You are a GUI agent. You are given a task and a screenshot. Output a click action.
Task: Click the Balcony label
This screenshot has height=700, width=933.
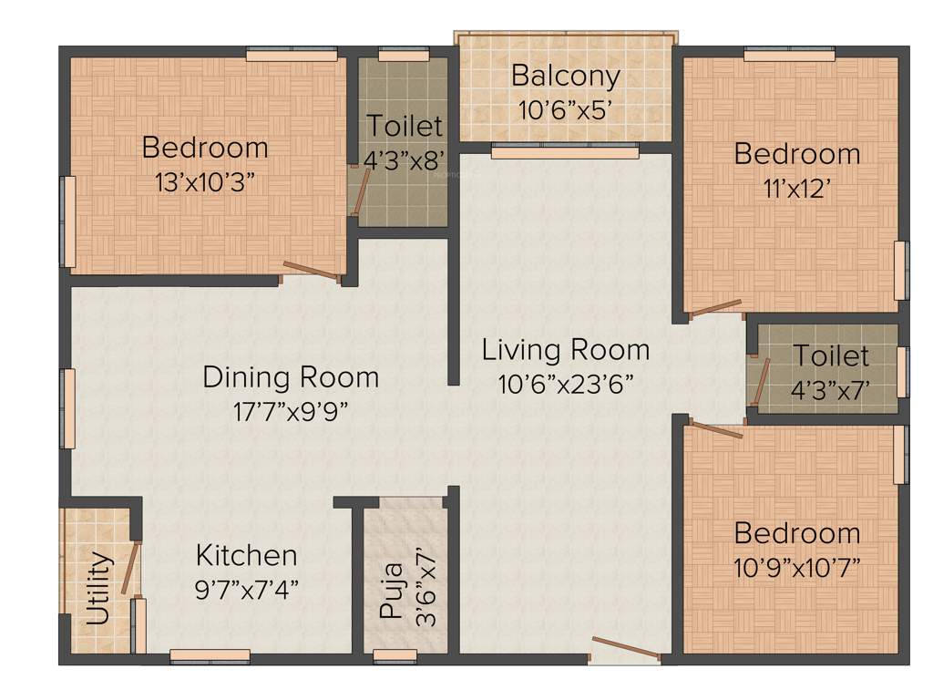pos(565,76)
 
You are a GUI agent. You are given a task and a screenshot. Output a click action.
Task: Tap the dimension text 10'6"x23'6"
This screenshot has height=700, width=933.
pos(565,384)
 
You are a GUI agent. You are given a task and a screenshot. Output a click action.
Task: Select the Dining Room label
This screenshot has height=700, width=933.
pos(290,376)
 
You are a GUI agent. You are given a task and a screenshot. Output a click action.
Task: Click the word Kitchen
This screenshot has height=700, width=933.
pos(247,555)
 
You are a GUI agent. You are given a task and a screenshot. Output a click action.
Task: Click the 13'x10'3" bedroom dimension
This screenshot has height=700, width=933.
pos(205,181)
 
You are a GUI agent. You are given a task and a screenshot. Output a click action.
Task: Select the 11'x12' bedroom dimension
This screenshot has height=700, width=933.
pos(797,188)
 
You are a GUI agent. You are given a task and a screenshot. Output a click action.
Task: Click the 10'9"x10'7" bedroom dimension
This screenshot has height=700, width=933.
pos(797,568)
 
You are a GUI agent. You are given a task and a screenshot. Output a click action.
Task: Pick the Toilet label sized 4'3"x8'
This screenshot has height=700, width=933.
pos(404,126)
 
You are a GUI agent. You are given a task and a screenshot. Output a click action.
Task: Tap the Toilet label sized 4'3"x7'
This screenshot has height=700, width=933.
pos(830,355)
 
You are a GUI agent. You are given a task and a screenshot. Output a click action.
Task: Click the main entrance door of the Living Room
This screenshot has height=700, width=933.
pos(625,648)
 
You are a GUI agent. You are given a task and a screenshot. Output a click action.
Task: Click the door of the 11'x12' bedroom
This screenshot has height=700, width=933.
pos(714,309)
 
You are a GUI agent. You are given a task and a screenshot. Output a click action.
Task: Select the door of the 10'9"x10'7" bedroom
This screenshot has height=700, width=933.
pos(715,428)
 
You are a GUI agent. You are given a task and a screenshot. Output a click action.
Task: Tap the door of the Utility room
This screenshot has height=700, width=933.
pos(133,568)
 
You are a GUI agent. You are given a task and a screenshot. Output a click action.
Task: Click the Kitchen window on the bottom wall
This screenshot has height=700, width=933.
pos(210,654)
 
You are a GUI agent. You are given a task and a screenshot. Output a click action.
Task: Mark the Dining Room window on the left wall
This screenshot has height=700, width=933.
pos(67,407)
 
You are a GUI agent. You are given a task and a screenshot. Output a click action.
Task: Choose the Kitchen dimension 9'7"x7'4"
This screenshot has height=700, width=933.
pos(247,588)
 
